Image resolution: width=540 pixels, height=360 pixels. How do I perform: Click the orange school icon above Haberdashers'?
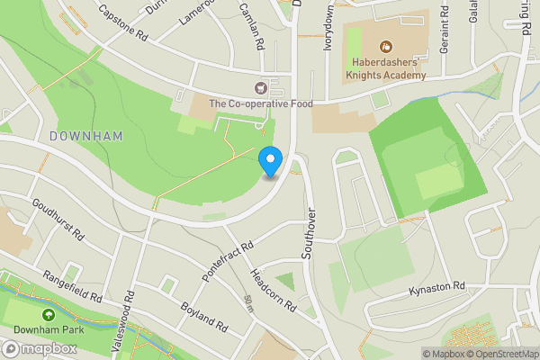click(384, 46)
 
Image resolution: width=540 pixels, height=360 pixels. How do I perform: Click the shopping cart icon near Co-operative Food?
click(261, 88)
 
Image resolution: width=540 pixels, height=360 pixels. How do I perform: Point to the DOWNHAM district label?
click(85, 135)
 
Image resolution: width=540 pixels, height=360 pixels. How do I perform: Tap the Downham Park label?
click(47, 330)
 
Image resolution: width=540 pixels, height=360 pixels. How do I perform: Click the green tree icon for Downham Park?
click(47, 315)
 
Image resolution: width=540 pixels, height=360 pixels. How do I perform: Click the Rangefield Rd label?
click(67, 284)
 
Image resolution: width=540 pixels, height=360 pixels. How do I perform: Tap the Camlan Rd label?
click(251, 24)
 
